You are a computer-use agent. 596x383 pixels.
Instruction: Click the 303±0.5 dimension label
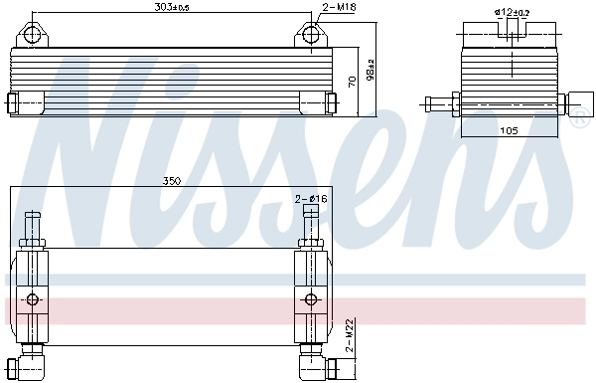point(173,8)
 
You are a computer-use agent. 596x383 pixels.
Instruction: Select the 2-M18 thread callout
point(339,8)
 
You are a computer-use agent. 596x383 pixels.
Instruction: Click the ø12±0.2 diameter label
point(511,12)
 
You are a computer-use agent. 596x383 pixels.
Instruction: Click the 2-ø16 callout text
point(311,200)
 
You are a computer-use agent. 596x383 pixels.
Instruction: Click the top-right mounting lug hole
point(313,35)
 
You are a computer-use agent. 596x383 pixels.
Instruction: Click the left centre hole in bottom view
point(32,299)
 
